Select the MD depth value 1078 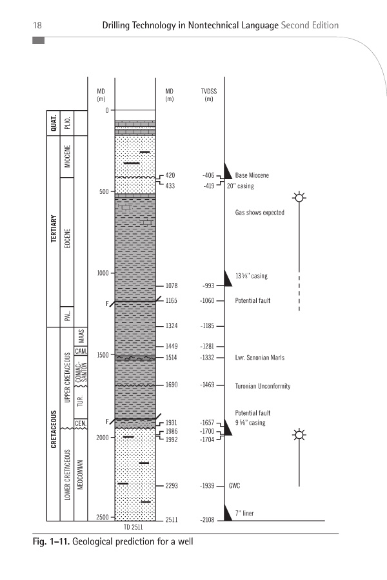point(171,285)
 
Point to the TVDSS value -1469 point(208,385)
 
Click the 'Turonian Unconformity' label point(263,386)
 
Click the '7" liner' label point(244,514)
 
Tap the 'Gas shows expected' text point(260,213)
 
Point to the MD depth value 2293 point(171,486)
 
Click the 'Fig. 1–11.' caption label point(51,541)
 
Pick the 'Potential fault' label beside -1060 point(253,301)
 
